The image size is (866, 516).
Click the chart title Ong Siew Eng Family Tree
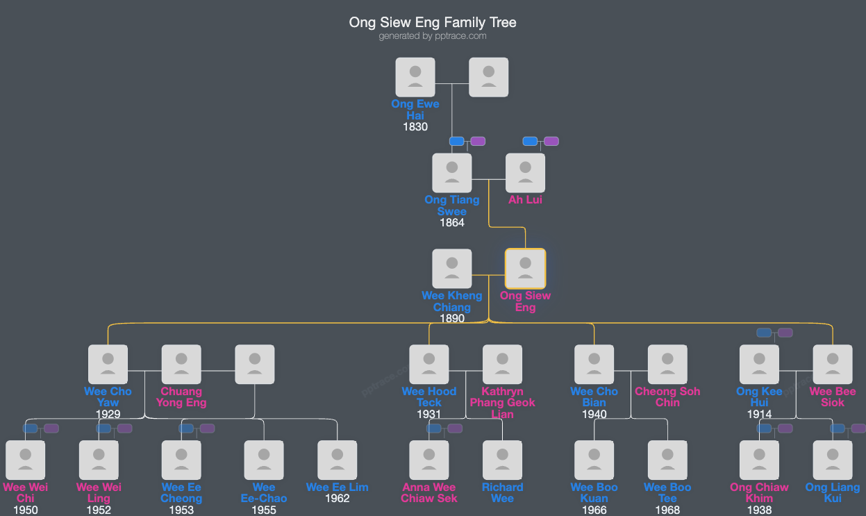click(433, 22)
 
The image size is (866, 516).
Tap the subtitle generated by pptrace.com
click(433, 36)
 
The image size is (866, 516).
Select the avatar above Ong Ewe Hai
click(415, 77)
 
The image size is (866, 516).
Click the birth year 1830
click(415, 127)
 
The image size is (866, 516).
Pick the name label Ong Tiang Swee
click(452, 206)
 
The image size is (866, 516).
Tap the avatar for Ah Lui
click(525, 173)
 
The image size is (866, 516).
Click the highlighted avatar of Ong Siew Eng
click(525, 269)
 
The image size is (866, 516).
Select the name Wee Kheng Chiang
click(452, 301)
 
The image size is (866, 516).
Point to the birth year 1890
click(452, 319)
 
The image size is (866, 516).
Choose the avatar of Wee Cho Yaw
click(108, 365)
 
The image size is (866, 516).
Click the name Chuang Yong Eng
click(181, 397)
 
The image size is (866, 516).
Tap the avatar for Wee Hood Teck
click(429, 365)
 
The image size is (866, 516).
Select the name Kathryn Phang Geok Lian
click(502, 403)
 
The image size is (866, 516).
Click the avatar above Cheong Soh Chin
click(667, 365)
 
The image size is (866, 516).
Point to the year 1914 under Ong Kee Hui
click(759, 415)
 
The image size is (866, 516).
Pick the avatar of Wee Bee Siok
click(833, 365)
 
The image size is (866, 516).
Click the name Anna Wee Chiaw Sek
click(429, 493)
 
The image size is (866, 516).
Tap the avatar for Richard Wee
click(502, 460)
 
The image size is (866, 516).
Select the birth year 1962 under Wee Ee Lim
click(337, 499)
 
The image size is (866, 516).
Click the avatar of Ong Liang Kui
click(833, 460)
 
